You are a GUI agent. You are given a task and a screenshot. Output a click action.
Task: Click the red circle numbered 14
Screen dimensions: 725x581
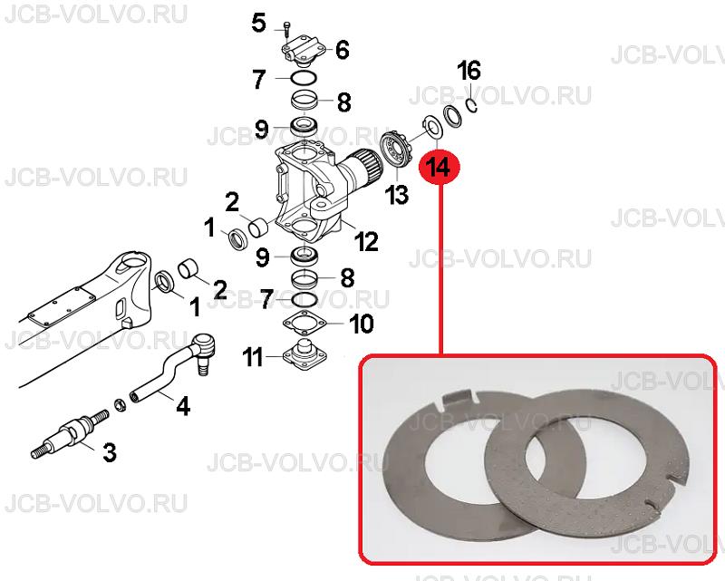pos(440,167)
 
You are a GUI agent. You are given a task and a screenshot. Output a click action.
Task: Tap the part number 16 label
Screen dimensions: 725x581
pos(469,71)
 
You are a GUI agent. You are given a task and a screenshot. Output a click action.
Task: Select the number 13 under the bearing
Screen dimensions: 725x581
pos(397,194)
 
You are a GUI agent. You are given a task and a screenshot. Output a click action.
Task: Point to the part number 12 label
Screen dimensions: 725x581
pos(366,241)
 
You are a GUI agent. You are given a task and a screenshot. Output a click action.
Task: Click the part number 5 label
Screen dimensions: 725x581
pos(259,23)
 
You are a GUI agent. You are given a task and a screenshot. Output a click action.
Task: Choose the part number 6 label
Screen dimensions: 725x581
pos(343,50)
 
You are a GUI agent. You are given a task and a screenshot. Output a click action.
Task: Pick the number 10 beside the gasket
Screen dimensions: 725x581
pos(362,324)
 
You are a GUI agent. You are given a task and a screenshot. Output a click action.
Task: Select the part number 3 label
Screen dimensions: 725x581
pos(109,452)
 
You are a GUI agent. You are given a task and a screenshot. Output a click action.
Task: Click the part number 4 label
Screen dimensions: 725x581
pos(183,406)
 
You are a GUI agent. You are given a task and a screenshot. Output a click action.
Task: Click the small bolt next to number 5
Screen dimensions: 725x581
pos(286,30)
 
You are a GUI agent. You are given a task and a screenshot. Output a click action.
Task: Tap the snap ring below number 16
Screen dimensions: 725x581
pos(471,105)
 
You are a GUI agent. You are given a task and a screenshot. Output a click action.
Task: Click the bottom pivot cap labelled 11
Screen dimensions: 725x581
pos(304,355)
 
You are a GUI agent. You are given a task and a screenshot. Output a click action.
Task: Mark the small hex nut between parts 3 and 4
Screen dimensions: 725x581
pos(120,407)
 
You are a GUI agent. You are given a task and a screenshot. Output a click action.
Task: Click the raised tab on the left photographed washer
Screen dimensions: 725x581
pos(459,399)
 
